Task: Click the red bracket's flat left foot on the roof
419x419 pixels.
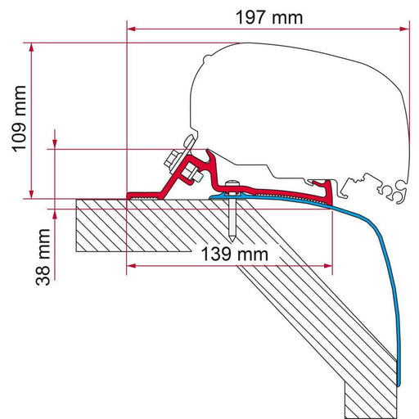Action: (x=143, y=196)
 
